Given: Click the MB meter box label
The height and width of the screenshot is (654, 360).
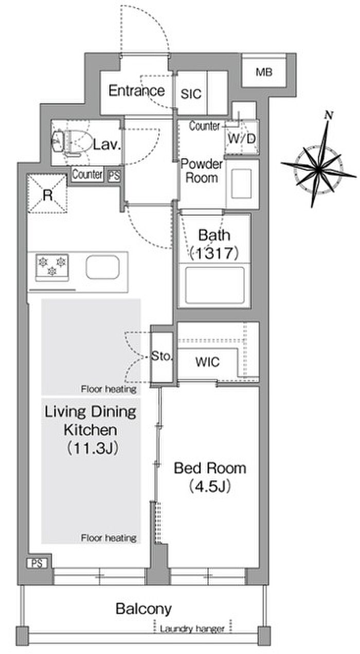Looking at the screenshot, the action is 264,72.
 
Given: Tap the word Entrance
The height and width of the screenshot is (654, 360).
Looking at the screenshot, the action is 137,90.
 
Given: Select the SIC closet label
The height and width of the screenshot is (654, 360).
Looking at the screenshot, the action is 191,94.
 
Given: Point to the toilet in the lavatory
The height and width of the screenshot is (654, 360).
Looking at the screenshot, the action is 71,142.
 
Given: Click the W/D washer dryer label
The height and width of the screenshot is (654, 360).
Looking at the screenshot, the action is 242,138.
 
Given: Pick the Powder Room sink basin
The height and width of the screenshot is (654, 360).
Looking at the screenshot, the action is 242,184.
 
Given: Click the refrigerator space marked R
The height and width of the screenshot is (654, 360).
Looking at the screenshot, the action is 47,194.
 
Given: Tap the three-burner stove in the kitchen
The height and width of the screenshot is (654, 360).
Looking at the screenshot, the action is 52,267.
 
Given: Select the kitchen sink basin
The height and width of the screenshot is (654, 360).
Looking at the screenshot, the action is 102,267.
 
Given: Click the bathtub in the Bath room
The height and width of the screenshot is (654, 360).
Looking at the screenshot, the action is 214,285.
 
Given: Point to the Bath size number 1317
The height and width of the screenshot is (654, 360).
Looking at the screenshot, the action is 214,253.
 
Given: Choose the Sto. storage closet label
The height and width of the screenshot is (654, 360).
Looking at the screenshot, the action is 162,356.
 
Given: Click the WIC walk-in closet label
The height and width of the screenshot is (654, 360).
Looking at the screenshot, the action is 208,362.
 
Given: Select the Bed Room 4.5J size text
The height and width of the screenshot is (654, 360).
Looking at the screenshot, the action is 210,486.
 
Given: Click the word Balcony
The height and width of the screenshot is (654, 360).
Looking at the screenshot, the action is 143,608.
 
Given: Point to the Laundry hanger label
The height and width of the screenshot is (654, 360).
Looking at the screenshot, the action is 192,628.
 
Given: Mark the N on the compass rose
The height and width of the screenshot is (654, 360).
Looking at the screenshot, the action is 329,115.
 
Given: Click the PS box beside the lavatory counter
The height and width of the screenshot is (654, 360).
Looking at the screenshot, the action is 114,175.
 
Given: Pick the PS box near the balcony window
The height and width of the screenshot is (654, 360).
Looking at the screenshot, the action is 37,563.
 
